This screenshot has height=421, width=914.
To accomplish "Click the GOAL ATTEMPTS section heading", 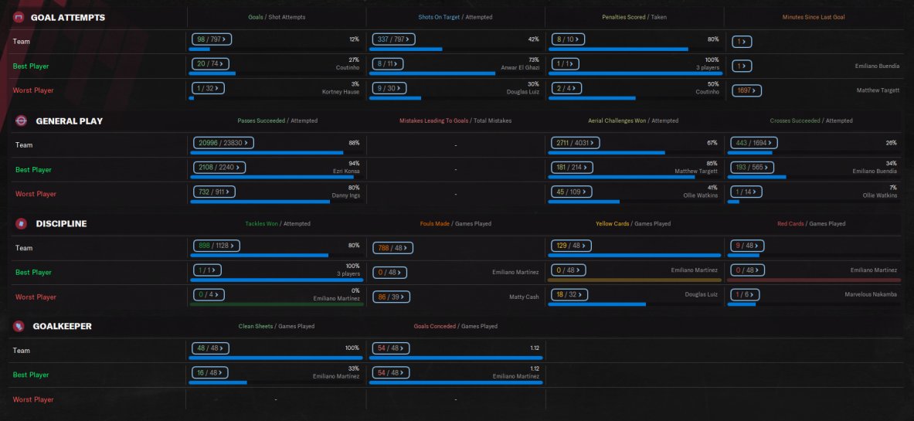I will coord(67,17).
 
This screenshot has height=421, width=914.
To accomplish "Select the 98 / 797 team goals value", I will coord(211,39).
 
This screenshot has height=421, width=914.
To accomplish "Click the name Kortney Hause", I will coord(341,91).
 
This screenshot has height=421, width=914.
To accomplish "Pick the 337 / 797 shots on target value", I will coord(393,39).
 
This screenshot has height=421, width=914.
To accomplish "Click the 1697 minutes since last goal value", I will coord(746,90).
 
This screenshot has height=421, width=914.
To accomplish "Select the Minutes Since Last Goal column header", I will coord(814,17).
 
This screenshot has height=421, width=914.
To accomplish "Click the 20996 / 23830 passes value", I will coord(223,143).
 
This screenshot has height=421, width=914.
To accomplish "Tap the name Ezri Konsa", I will coord(345,171).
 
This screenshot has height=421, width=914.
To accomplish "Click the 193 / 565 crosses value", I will coord(753,167).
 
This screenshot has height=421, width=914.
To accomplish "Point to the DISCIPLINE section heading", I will coord(61,223).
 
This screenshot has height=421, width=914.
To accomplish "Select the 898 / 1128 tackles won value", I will coord(215,246).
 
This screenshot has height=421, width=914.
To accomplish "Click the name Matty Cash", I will coord(525,297).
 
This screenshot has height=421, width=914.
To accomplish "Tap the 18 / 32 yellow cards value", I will coord(569,294).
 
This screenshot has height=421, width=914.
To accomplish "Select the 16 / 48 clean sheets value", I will coord(210,372).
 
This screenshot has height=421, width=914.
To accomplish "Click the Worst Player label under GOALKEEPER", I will coord(33,399).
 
